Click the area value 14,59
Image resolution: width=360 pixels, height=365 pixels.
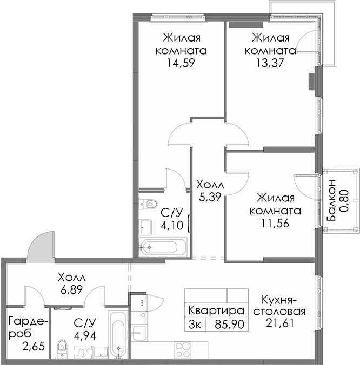[181, 63]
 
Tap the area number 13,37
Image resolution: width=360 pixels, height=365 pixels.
[270, 63]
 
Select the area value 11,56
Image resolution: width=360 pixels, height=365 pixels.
[275, 224]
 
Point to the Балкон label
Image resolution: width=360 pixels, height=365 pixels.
[331, 200]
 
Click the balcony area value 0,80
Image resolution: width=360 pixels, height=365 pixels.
[344, 200]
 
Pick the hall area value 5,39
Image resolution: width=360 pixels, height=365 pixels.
[210, 198]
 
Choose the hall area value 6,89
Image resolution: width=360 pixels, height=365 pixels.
[71, 290]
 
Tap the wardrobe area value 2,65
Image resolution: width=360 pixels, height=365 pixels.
[34, 347]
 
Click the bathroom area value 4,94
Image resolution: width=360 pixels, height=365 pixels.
[85, 336]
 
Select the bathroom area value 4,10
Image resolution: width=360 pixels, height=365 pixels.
[172, 225]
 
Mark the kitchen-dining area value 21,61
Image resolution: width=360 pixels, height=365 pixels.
[279, 323]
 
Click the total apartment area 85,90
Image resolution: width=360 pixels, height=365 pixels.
[230, 325]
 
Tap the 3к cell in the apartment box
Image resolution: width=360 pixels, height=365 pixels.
[194, 325]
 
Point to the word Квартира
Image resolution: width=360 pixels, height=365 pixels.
[216, 311]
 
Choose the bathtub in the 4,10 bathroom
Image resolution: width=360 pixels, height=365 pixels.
[163, 247]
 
